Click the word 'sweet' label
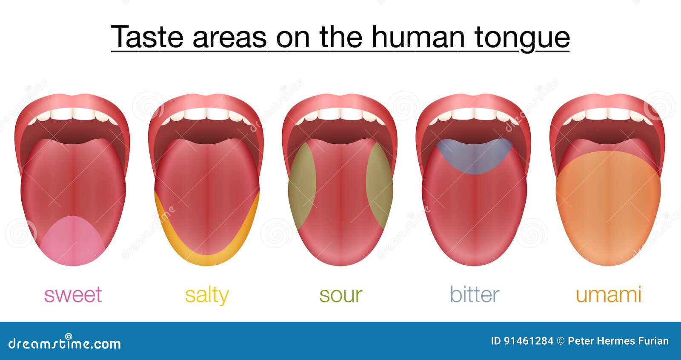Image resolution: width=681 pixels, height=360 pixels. pyautogui.click(x=73, y=294)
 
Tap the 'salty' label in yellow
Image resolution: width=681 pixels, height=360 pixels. pyautogui.click(x=207, y=295)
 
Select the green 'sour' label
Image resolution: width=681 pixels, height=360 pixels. pyautogui.click(x=341, y=295)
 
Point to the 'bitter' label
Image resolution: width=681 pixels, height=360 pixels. pyautogui.click(x=475, y=294)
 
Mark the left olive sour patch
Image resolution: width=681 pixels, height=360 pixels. pyautogui.click(x=302, y=186)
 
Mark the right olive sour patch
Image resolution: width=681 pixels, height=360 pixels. pyautogui.click(x=379, y=186)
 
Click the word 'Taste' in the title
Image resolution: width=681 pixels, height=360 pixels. pyautogui.click(x=147, y=37)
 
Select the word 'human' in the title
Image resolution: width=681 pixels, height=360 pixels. pyautogui.click(x=418, y=37)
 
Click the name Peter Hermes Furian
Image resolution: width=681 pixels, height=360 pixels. pyautogui.click(x=618, y=341)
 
